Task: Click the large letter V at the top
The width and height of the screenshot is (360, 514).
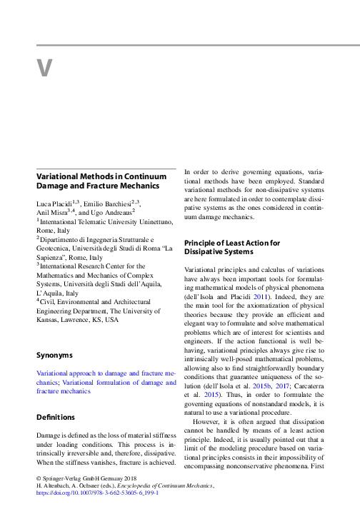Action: tap(44, 68)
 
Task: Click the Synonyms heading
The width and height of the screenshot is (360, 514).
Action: tap(54, 355)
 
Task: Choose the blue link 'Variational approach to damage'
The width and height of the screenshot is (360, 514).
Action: tap(100, 373)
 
